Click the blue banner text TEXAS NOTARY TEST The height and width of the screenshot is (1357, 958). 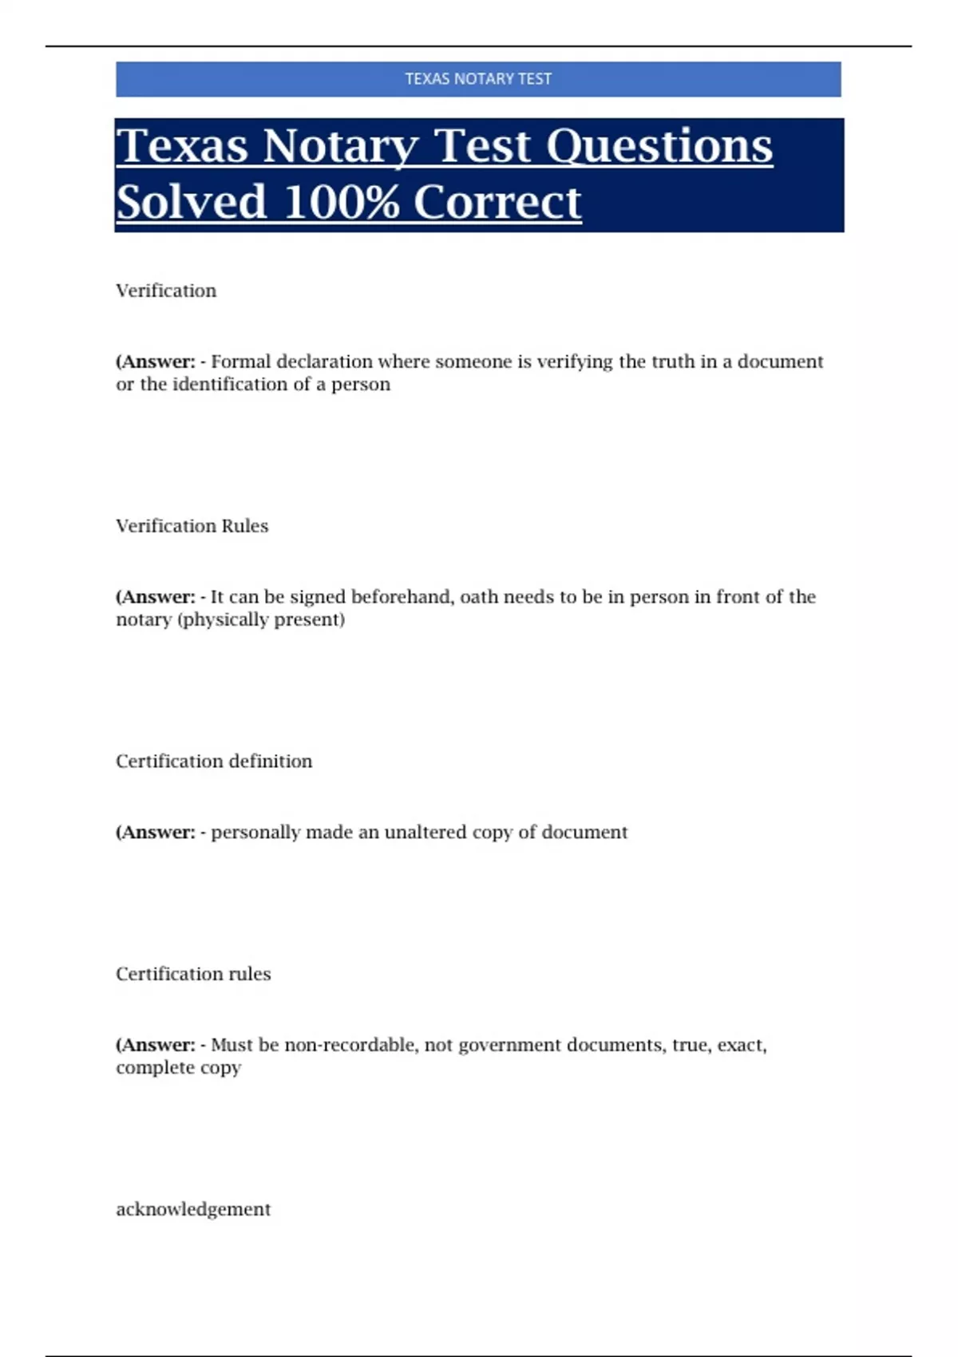click(x=477, y=79)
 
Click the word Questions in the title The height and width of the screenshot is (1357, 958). click(x=659, y=146)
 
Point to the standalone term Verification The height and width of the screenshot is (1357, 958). click(x=166, y=291)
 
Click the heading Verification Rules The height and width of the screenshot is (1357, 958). click(x=192, y=526)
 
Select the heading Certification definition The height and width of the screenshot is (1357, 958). click(x=214, y=762)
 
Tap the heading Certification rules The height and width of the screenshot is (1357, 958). click(x=193, y=974)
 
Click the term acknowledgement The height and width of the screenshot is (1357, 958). click(x=193, y=1209)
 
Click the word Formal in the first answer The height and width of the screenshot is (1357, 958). click(x=240, y=362)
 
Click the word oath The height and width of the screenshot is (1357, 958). click(x=478, y=597)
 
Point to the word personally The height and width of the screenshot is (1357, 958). click(x=255, y=833)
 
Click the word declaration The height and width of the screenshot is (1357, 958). click(x=324, y=362)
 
